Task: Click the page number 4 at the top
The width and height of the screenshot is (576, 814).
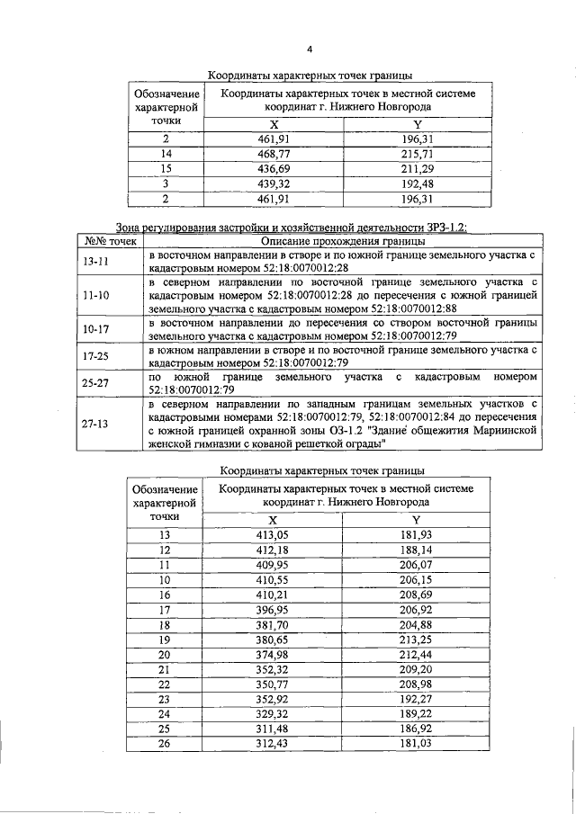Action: coord(309,49)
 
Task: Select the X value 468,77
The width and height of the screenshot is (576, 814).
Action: coord(274,154)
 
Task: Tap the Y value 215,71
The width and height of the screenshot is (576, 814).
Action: coord(417,154)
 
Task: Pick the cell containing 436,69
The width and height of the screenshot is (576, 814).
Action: coord(274,168)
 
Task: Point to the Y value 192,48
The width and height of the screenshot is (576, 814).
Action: coord(417,183)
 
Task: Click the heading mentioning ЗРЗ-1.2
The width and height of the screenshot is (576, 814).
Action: coord(292,227)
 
